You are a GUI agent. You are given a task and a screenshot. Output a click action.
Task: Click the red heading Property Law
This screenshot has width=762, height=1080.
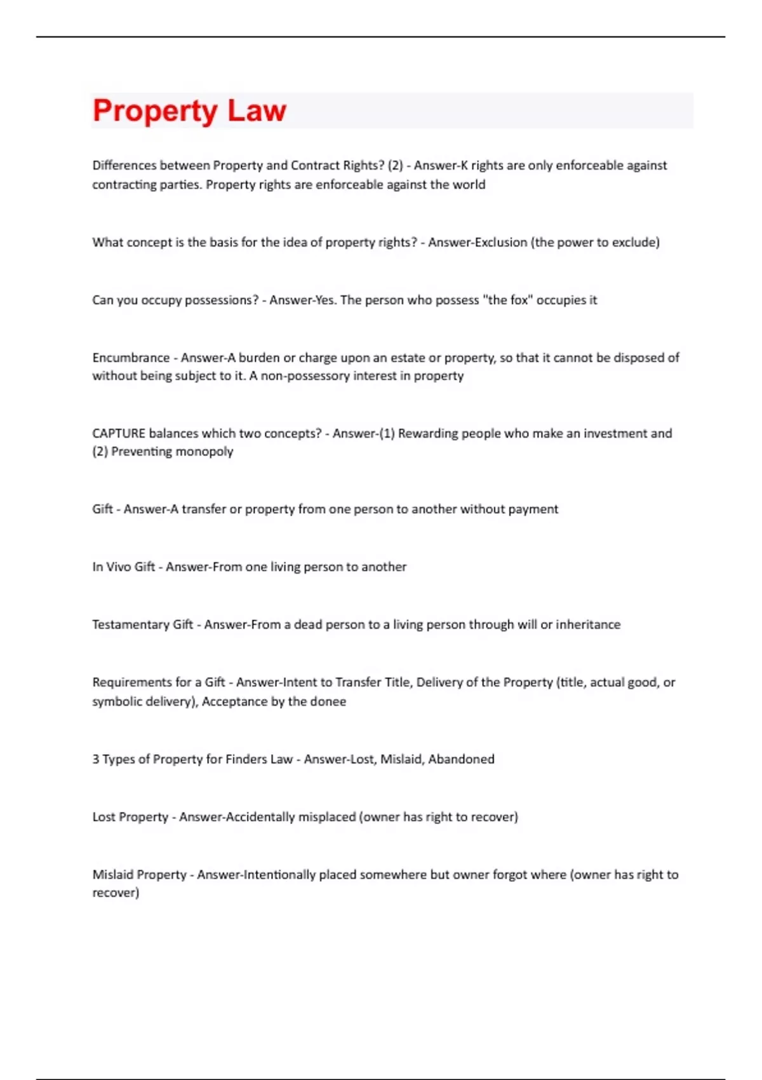click(189, 111)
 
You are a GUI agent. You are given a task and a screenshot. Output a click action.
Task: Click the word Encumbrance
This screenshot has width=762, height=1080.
click(131, 358)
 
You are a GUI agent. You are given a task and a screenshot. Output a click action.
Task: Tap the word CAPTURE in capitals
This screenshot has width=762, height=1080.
click(119, 433)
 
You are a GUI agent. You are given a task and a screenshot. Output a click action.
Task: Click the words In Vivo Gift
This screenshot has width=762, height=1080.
click(124, 567)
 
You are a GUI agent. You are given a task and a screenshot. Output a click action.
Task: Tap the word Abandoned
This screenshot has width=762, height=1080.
click(461, 759)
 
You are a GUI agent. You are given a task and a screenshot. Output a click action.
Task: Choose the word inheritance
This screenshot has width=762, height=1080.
click(588, 624)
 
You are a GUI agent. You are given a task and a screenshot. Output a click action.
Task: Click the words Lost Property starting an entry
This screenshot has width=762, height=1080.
click(130, 817)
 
